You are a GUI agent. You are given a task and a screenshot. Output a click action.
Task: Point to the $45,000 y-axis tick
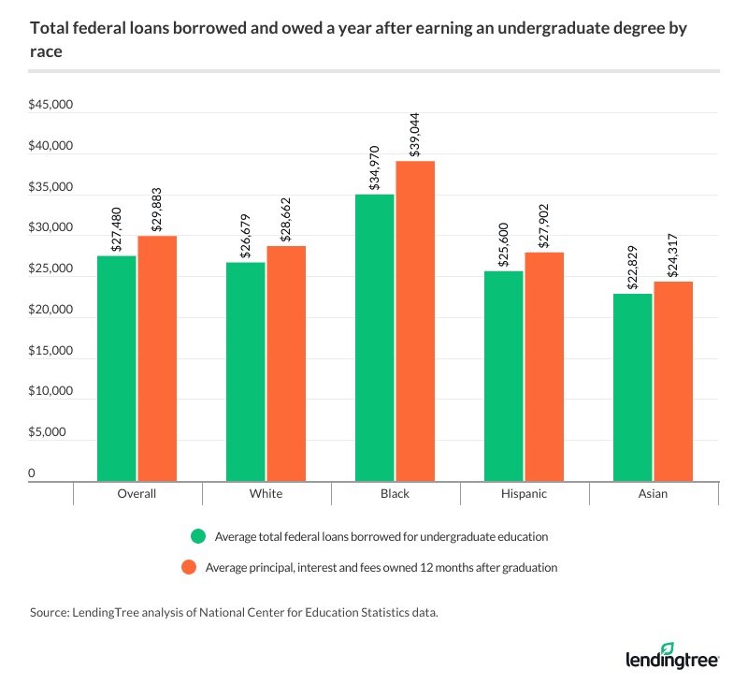50,106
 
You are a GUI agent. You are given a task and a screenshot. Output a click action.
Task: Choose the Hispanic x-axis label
524,493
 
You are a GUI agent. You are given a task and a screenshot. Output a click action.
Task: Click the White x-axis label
266,493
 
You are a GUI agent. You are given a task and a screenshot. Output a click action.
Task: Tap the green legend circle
196,537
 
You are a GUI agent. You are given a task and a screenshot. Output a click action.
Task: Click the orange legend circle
196,566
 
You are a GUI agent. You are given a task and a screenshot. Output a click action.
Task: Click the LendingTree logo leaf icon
668,648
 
